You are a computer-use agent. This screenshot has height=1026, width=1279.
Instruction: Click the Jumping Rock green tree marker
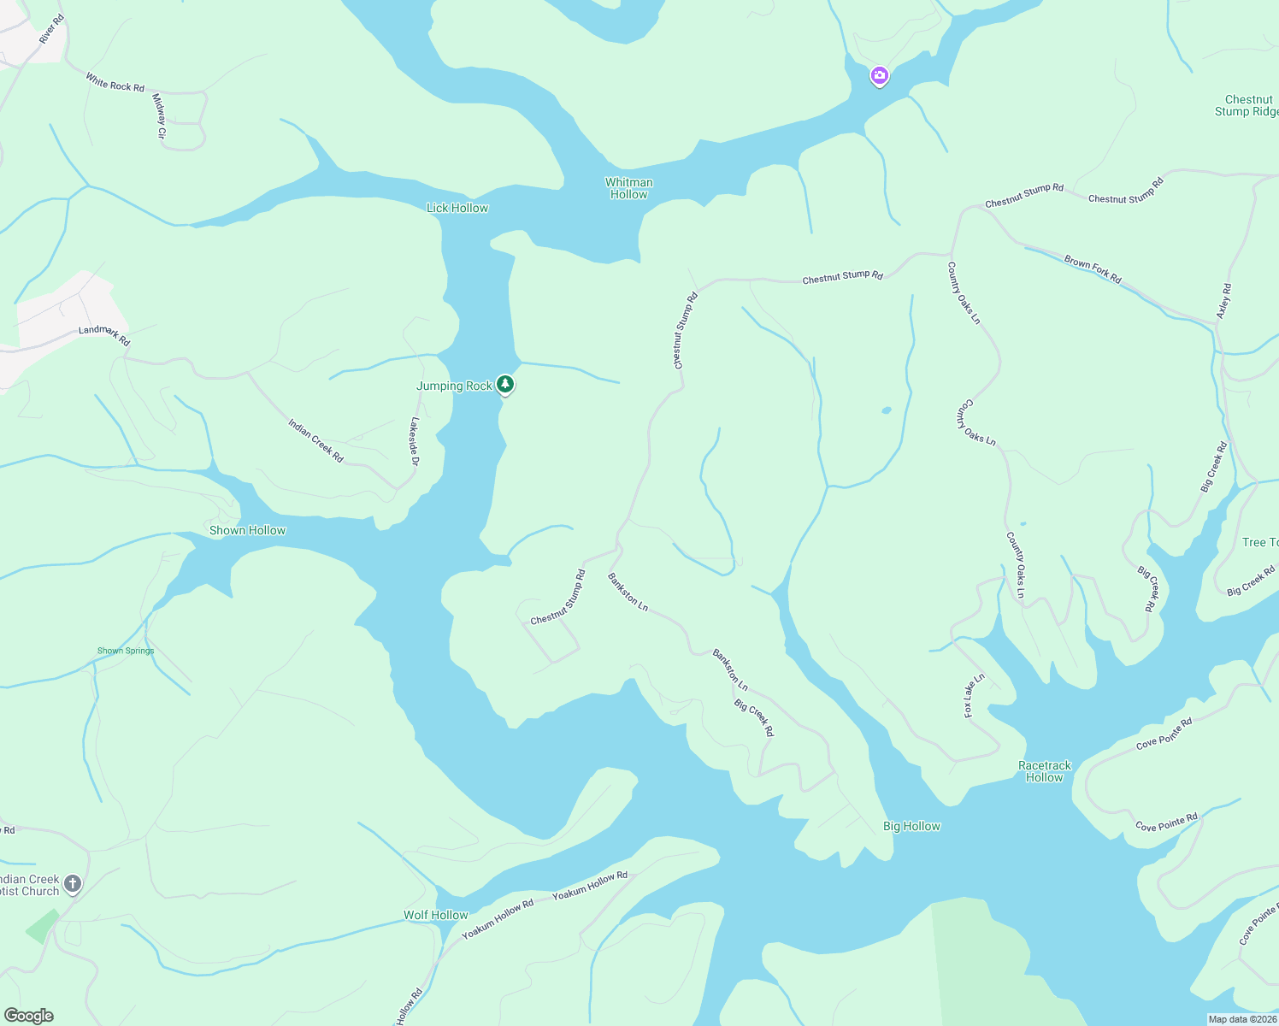[505, 385]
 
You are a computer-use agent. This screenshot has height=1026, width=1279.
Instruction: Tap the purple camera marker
[879, 76]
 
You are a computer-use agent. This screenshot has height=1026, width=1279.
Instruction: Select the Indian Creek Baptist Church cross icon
[73, 883]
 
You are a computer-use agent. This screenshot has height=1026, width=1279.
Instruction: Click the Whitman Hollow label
[628, 188]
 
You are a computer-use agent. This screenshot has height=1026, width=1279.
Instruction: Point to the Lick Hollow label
[457, 208]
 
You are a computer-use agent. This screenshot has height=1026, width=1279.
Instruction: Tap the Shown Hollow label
[247, 530]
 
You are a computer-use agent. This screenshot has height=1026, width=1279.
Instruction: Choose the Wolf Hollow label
[435, 915]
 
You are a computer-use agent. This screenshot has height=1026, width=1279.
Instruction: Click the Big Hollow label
[911, 826]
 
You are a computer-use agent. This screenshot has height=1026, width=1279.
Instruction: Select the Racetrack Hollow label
[1044, 771]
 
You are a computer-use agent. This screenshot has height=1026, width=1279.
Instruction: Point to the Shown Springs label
[126, 651]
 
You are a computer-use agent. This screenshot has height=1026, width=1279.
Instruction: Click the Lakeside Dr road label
[415, 441]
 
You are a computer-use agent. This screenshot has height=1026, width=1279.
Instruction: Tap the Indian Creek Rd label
[315, 440]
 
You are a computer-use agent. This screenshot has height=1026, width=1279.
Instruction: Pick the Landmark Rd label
[104, 334]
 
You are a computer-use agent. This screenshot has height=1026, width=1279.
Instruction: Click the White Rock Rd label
[115, 82]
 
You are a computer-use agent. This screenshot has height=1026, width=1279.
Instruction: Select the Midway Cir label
[158, 115]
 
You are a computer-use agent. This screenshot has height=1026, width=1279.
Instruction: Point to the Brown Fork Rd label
[1093, 268]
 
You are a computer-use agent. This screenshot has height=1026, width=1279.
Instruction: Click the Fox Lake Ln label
[974, 695]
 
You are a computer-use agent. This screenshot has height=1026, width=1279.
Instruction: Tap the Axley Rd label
[1223, 302]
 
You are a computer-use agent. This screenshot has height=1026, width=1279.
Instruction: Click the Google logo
[29, 1016]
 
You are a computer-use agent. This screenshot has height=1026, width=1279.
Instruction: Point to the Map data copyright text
[1241, 1019]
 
